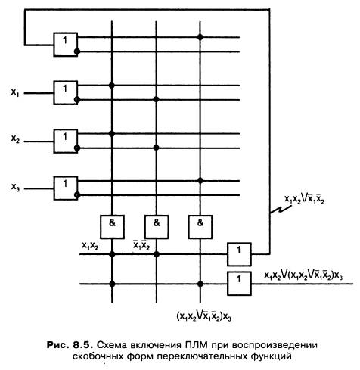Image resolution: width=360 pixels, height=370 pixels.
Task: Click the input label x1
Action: click(x=15, y=92)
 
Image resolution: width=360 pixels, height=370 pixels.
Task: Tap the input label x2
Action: click(x=15, y=139)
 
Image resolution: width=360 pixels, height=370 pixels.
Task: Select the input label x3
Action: click(x=15, y=187)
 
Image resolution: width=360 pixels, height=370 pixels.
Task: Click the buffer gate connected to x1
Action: click(x=66, y=93)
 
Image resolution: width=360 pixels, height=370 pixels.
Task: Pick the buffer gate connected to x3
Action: click(x=66, y=188)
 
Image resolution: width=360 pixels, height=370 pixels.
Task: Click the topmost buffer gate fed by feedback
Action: click(x=66, y=45)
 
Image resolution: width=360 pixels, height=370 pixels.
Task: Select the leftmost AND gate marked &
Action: click(x=112, y=227)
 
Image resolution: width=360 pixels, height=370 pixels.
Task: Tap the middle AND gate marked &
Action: click(x=157, y=227)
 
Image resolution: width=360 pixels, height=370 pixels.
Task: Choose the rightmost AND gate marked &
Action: click(x=200, y=227)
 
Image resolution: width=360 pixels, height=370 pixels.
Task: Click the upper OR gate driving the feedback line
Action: click(x=239, y=254)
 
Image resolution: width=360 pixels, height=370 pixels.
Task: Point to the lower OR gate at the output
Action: click(x=239, y=284)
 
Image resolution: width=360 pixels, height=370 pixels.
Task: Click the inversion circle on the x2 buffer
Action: click(x=77, y=148)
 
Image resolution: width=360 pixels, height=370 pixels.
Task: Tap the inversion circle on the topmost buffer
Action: click(x=77, y=51)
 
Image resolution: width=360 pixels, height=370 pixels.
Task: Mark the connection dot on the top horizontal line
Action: click(x=200, y=37)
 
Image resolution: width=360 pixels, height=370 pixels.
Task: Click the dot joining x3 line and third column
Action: click(x=200, y=181)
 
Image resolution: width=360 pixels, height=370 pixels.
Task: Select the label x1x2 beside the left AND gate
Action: click(x=90, y=246)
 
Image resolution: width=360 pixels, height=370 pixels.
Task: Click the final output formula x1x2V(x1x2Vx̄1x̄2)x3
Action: click(x=303, y=275)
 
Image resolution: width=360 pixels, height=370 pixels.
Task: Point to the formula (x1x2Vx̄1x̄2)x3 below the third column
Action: click(x=203, y=316)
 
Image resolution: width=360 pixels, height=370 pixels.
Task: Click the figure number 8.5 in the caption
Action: click(x=81, y=344)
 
